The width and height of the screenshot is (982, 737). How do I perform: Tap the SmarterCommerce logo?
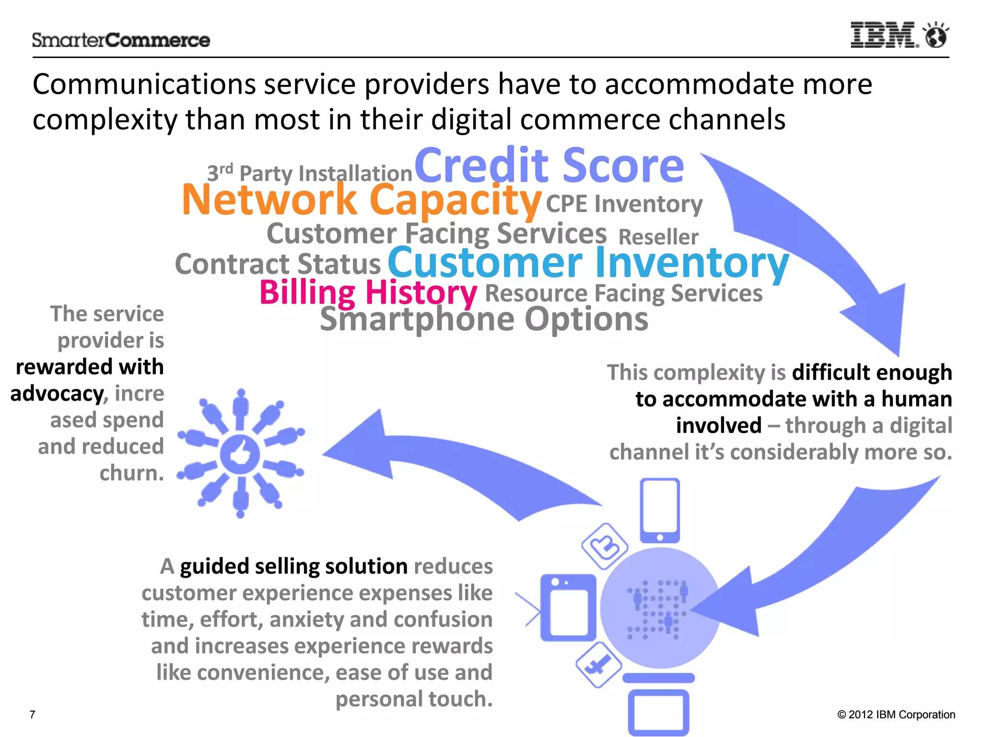click(x=121, y=40)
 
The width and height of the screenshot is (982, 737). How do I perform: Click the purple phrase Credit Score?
click(x=549, y=166)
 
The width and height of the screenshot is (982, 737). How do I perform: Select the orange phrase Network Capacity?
click(x=362, y=200)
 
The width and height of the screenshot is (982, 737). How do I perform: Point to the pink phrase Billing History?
click(x=368, y=292)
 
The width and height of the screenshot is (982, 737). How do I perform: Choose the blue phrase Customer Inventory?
click(x=588, y=263)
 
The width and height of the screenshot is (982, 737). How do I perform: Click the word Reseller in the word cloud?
click(x=658, y=237)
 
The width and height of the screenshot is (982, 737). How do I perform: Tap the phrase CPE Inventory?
click(x=624, y=204)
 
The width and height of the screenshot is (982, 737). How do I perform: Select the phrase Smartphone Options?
click(x=484, y=319)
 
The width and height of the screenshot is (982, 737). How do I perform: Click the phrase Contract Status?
click(x=278, y=264)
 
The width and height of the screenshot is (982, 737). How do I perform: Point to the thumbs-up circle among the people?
click(x=240, y=454)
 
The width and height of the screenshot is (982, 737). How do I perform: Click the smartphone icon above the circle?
click(x=660, y=510)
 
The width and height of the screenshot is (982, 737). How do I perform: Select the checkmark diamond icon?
click(x=598, y=666)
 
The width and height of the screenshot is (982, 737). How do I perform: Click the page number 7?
click(x=33, y=714)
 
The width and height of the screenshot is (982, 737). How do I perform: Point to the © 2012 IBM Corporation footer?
click(x=896, y=714)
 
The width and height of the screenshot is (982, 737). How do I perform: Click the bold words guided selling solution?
click(x=293, y=566)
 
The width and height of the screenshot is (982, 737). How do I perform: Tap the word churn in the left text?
click(x=131, y=473)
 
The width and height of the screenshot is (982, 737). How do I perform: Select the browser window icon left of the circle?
click(x=568, y=607)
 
